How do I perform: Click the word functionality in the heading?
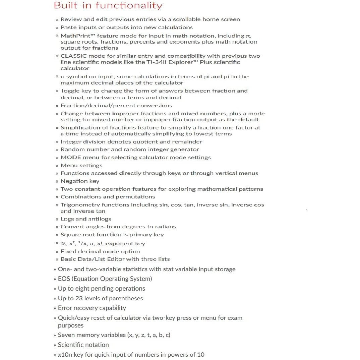[x=129, y=6]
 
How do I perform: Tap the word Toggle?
[x=70, y=91]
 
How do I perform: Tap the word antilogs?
[x=100, y=219]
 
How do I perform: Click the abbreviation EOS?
[x=64, y=279]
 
